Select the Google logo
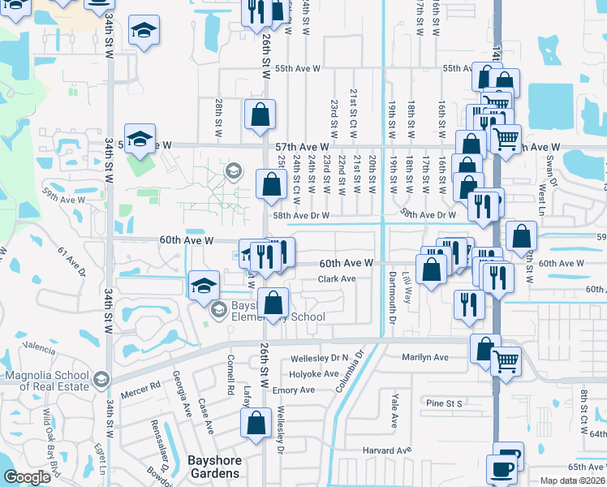point(27,477)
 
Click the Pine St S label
point(444,403)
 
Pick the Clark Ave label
point(337,279)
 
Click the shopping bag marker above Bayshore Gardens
point(256,421)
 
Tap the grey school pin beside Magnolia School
point(101,379)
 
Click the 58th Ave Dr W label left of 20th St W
point(300,216)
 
